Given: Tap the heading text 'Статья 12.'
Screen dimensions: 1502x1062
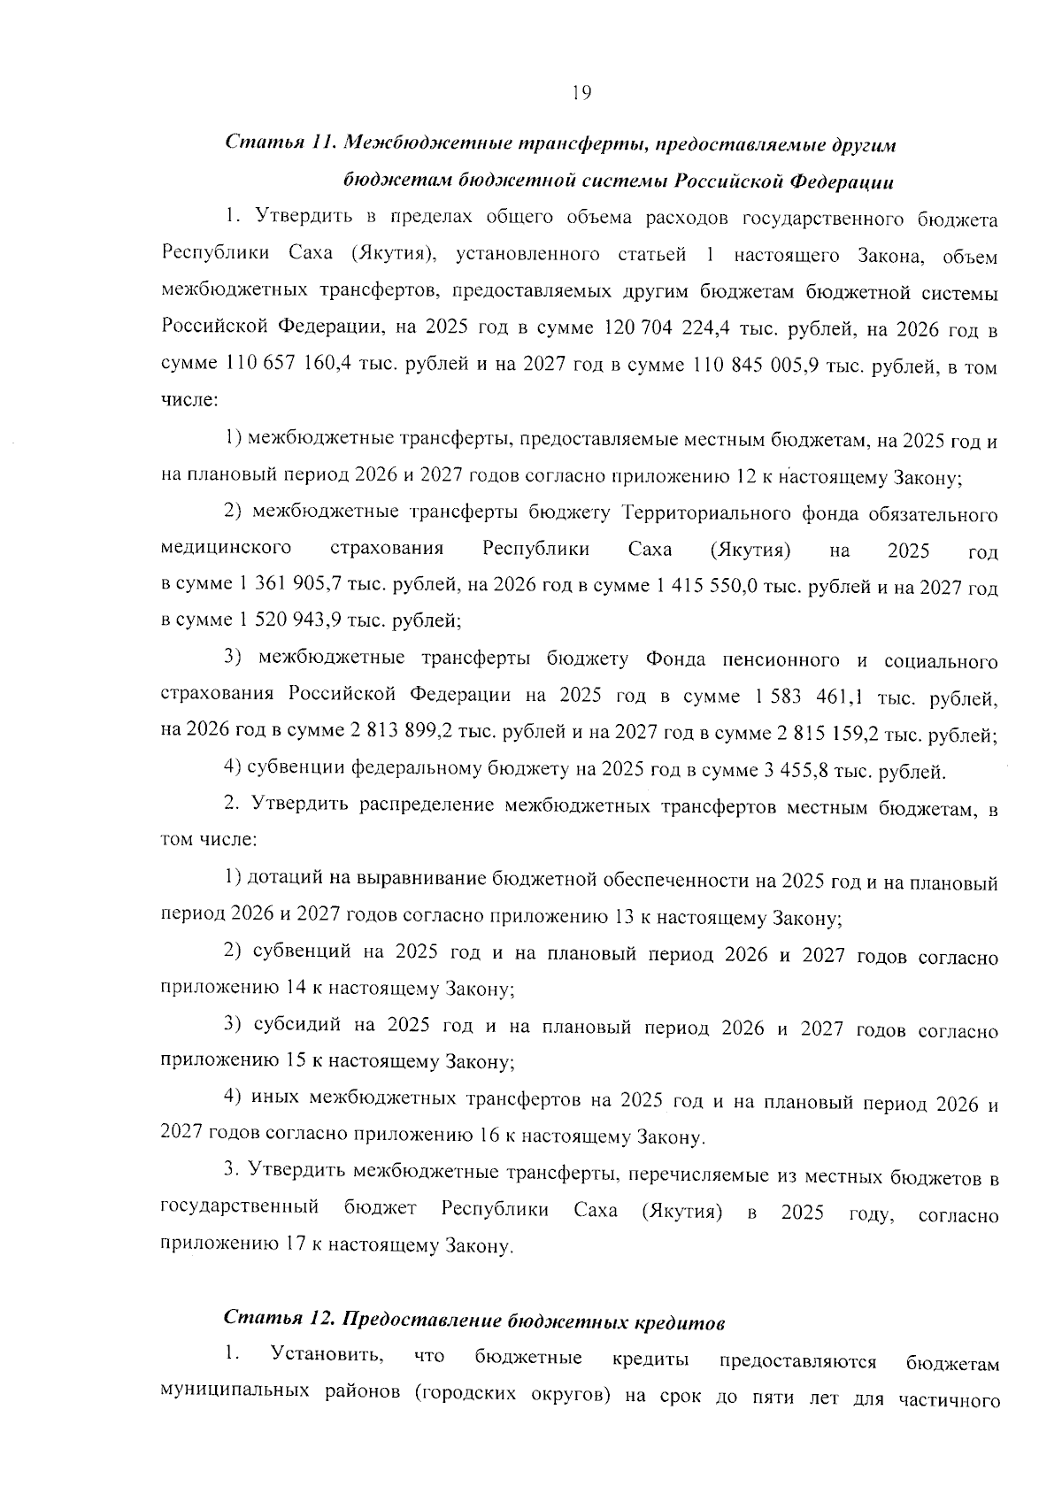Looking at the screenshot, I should coord(277,1319).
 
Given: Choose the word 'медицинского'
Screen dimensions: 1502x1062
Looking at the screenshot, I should coord(227,550).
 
